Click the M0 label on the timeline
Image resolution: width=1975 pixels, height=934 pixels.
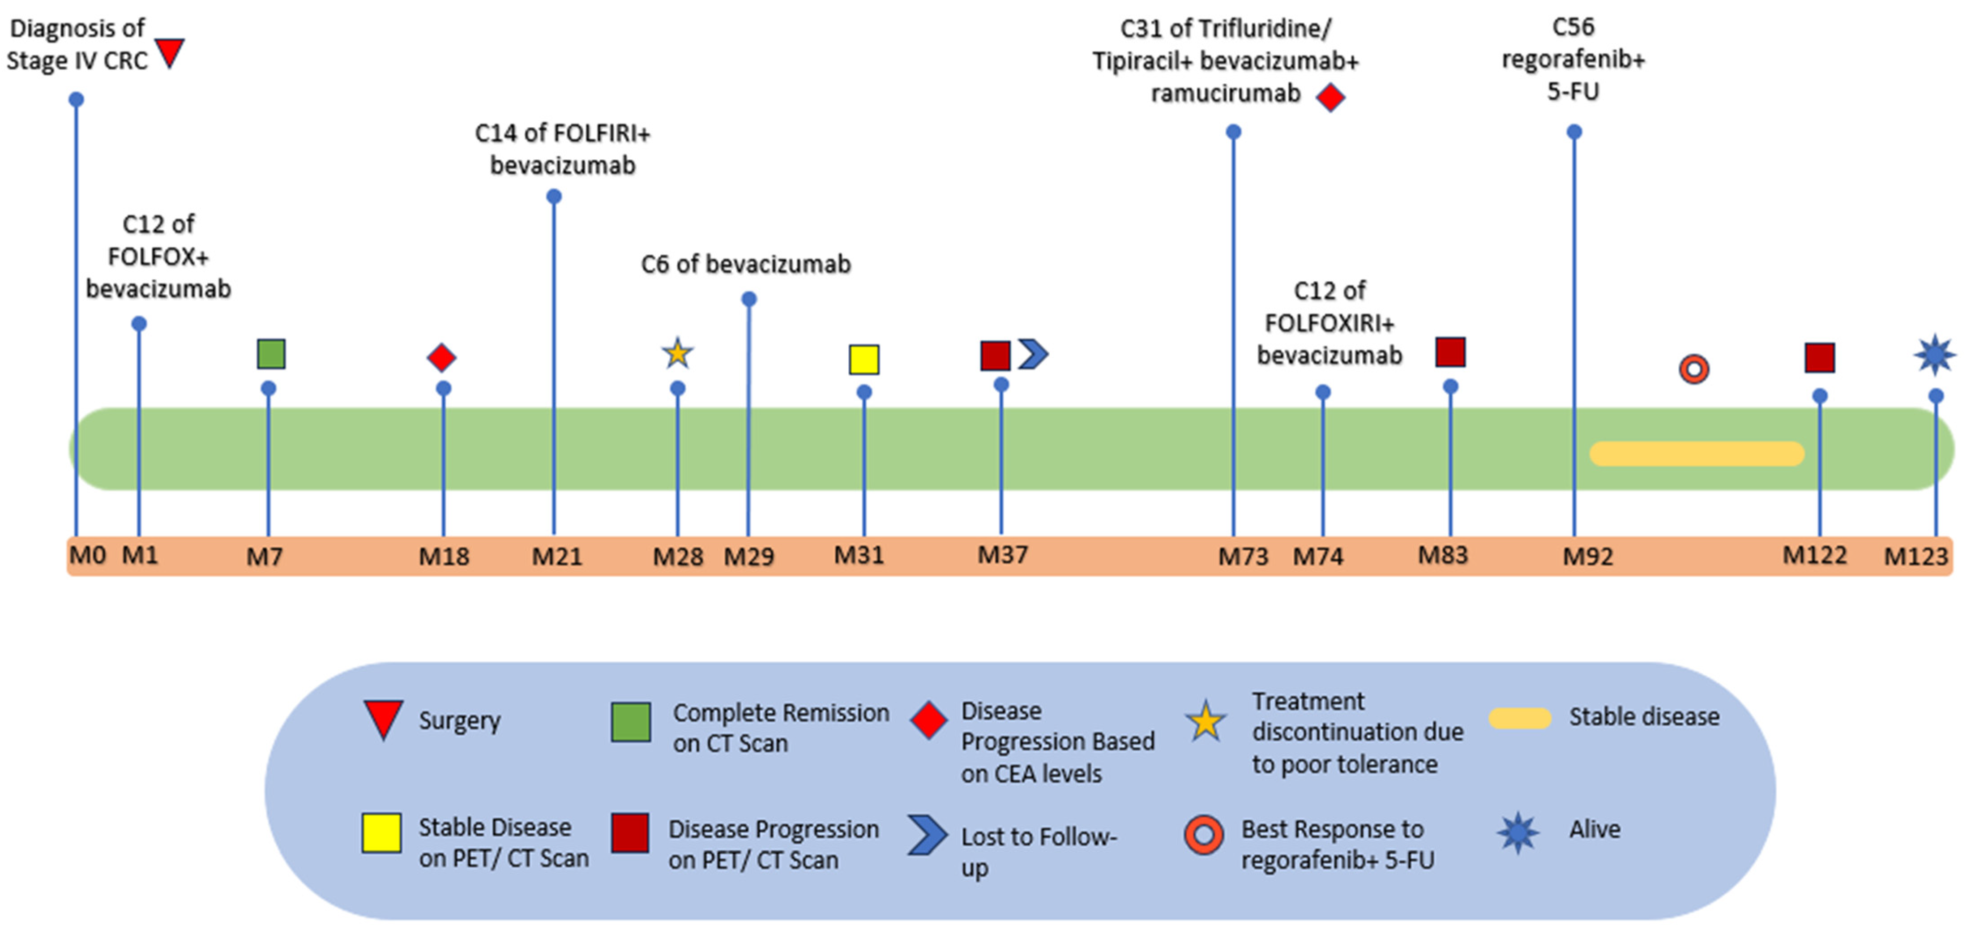[x=87, y=554]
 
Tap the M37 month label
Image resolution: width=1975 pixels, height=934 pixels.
[x=1002, y=554]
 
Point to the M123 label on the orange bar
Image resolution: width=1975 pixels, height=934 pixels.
[x=1915, y=556]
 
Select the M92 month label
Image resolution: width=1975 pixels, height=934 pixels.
[x=1588, y=556]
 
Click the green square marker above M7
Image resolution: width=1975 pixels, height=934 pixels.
[x=271, y=354]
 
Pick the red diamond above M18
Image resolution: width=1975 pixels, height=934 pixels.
[x=442, y=357]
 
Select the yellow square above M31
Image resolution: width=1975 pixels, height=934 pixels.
[x=864, y=360]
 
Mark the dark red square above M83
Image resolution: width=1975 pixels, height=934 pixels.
[x=1450, y=352]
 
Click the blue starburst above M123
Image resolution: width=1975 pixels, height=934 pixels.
[x=1934, y=355]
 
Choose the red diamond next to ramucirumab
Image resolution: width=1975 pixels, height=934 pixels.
[x=1330, y=98]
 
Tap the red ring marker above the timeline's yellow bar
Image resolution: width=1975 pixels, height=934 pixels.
[x=1693, y=369]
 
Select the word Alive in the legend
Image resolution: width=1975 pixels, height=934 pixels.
[x=1595, y=829]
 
